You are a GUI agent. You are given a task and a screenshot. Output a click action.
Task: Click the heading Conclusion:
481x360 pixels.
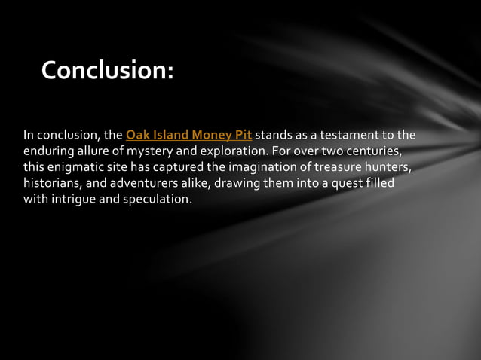click(x=107, y=70)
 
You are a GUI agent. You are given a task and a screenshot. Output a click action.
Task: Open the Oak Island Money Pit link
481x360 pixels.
click(x=188, y=136)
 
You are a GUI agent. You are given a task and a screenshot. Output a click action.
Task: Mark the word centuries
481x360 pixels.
click(x=369, y=151)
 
